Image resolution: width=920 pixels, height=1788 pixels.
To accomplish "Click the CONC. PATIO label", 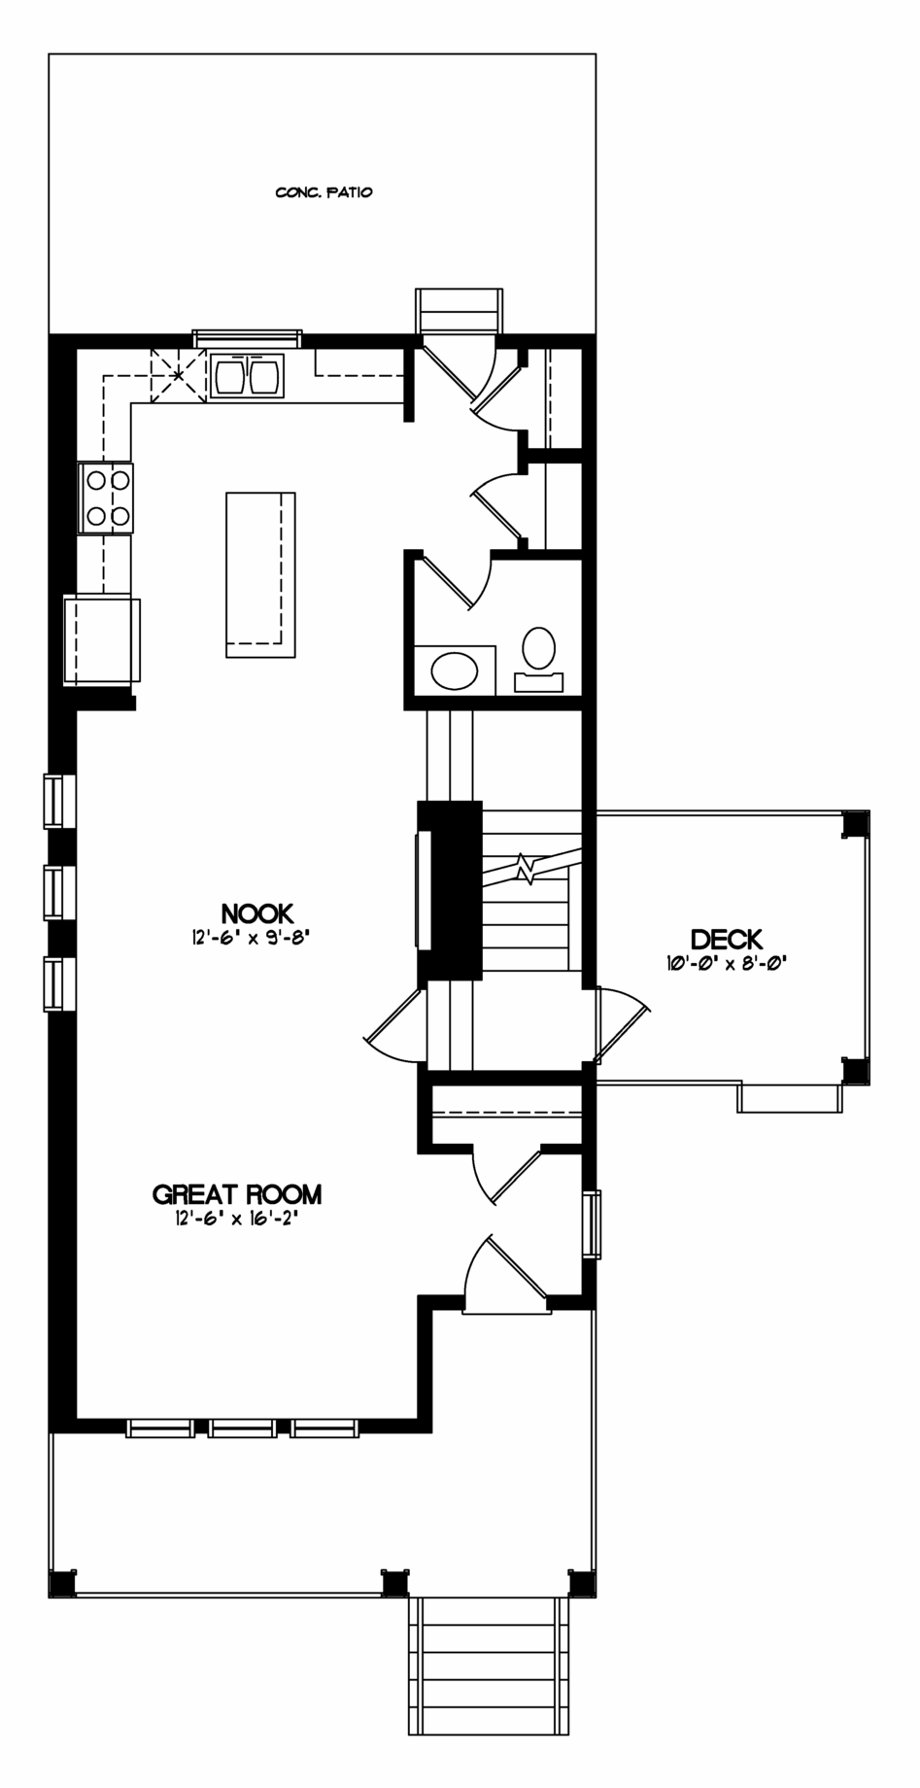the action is (x=324, y=192).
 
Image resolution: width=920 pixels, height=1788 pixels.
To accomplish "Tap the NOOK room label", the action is (x=257, y=913).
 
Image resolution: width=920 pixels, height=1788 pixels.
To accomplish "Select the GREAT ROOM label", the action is (x=237, y=1194).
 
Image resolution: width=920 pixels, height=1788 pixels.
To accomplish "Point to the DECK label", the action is (x=727, y=940).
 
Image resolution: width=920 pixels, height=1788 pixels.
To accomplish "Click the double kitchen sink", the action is (x=247, y=376).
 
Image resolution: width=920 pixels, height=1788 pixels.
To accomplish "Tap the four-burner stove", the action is (x=106, y=498).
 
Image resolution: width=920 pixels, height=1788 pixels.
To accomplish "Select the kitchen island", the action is (x=260, y=574).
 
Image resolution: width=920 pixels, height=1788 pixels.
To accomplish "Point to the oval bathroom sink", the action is (x=455, y=671).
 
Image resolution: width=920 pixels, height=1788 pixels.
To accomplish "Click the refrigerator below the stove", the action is (x=102, y=640).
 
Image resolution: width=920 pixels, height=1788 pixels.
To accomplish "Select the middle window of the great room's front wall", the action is (x=242, y=1428).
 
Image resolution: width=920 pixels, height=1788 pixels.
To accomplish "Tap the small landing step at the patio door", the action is (x=459, y=311).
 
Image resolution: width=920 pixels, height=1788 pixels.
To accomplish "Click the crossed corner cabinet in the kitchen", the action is (x=178, y=374).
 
